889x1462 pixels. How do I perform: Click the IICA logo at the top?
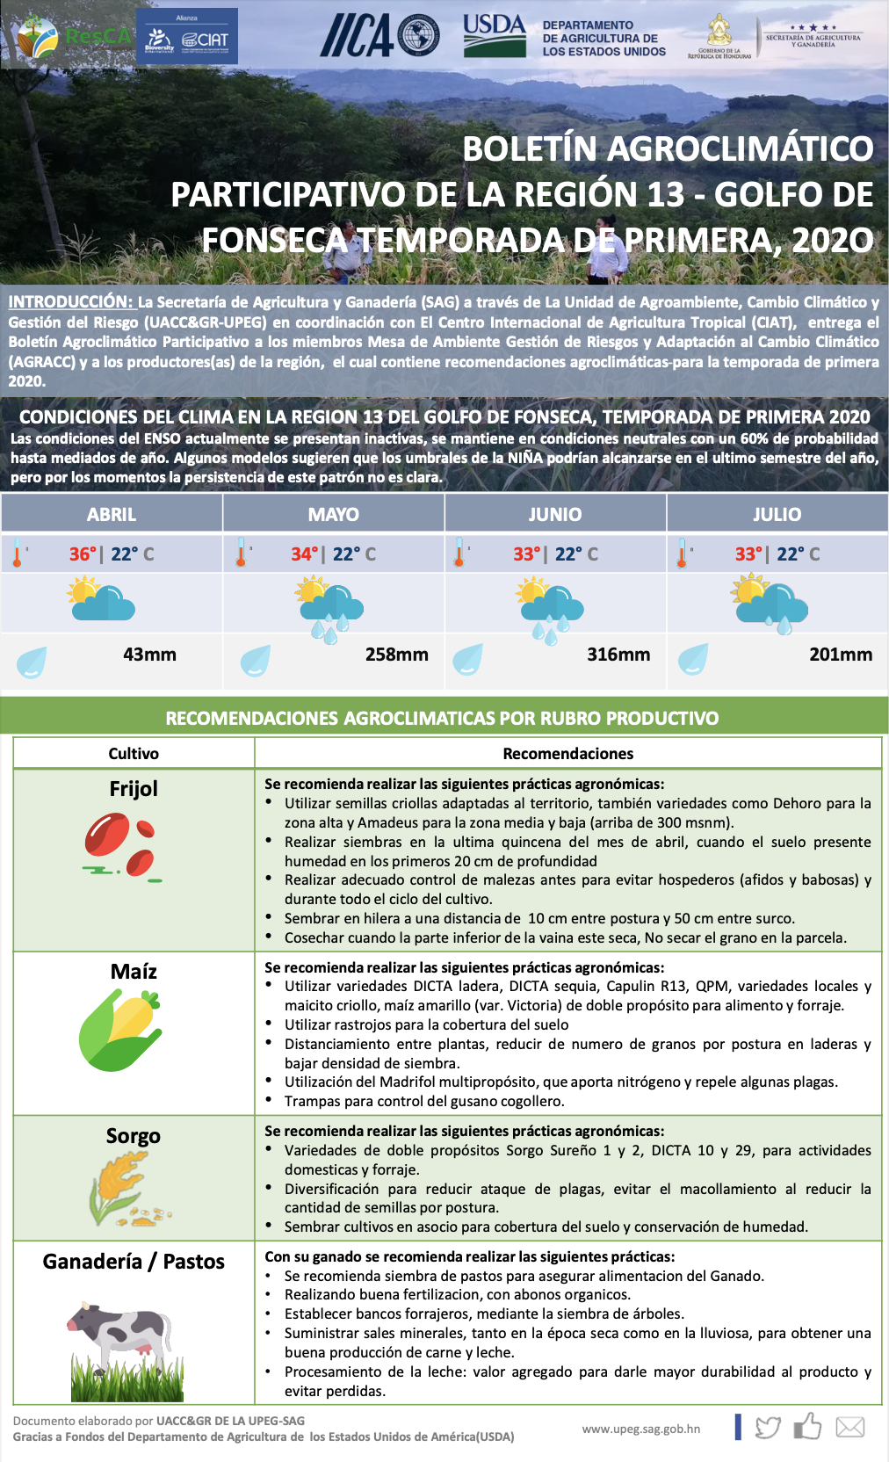379,35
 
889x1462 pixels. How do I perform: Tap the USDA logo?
495,35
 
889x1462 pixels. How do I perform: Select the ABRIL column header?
112,514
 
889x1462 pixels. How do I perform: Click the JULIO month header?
777,514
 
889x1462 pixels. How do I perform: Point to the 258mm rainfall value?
396,655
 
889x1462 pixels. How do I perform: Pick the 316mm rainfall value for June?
618,655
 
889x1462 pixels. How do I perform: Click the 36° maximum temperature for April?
83,554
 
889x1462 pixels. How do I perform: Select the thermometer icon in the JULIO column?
683,554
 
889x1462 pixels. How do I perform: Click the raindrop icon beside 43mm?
32,661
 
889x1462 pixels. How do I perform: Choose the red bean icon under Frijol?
123,847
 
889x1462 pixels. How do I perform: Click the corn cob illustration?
120,1030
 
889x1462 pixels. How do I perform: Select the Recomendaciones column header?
567,753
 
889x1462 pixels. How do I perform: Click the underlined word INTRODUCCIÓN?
71,302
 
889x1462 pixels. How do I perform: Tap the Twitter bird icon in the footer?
767,1428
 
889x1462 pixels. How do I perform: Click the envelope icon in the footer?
849,1427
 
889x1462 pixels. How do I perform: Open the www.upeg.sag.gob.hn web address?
641,1429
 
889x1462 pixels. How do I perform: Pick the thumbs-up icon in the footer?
807,1426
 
